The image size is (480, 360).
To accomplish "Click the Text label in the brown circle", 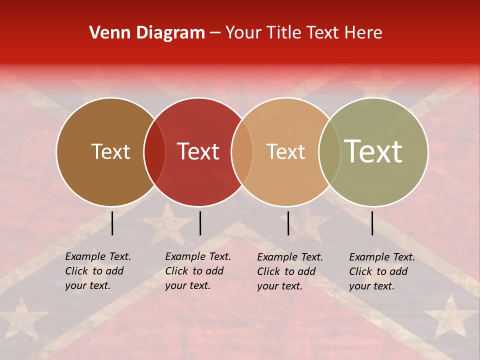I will click(110, 152).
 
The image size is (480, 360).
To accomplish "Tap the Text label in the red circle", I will click(198, 152).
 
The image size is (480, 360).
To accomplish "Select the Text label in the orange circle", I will click(285, 152).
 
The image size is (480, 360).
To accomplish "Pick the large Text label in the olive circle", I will click(373, 151).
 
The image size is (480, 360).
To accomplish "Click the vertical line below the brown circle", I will click(112, 223).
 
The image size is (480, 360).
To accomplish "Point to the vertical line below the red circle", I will click(200, 223).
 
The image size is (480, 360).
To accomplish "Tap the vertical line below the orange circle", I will click(288, 223).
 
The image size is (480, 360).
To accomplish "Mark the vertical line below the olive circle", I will click(372, 223).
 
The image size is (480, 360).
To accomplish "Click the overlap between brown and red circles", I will click(154, 152).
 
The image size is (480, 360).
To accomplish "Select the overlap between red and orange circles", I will click(242, 152).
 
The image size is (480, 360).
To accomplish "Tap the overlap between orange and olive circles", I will click(329, 152).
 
